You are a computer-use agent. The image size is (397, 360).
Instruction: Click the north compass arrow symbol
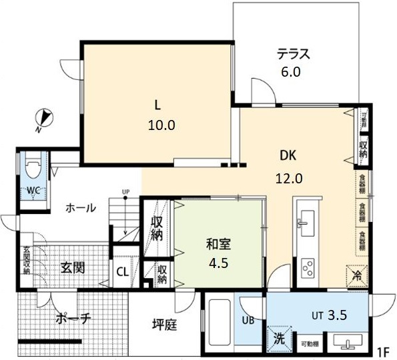(43, 119)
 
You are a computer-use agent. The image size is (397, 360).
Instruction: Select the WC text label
(33, 191)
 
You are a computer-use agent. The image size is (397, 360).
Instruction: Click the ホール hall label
(79, 208)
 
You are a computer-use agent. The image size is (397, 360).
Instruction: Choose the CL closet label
(122, 271)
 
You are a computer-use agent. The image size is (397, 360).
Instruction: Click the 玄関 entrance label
(73, 267)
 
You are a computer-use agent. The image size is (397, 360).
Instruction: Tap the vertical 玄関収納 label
(27, 262)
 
